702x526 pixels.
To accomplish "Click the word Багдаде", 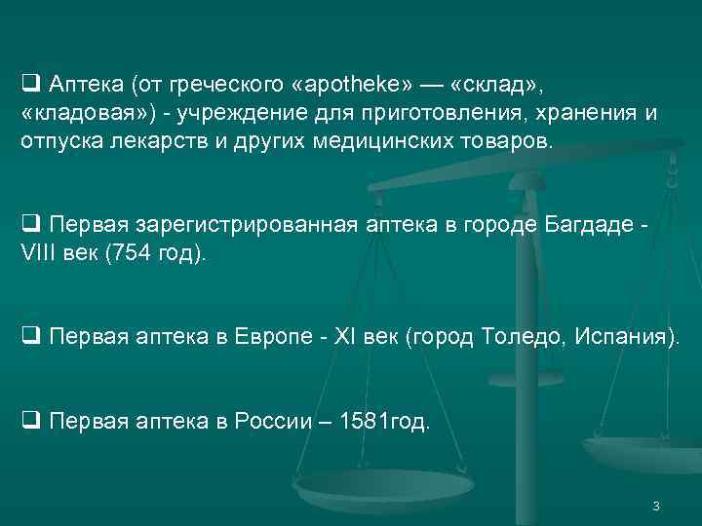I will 585,226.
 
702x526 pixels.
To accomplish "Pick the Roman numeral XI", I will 343,338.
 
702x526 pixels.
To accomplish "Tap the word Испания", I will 624,338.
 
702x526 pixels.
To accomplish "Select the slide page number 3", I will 656,506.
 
